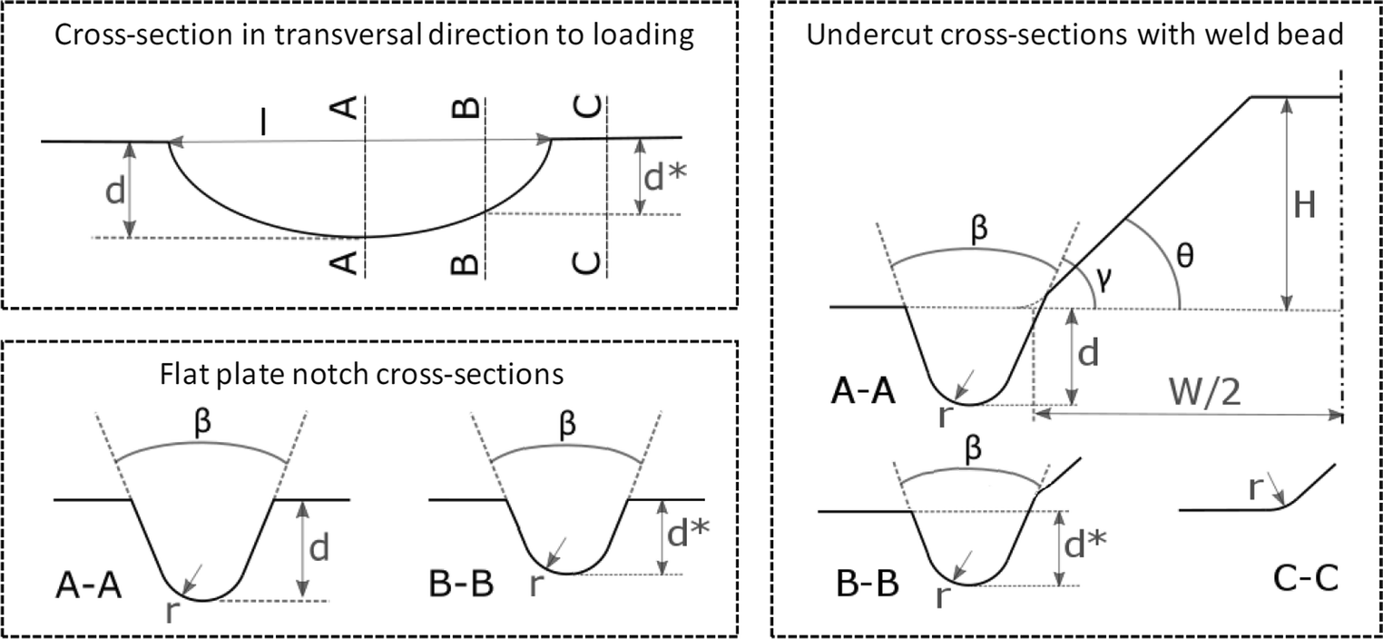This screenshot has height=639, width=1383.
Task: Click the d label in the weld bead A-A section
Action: (1089, 354)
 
